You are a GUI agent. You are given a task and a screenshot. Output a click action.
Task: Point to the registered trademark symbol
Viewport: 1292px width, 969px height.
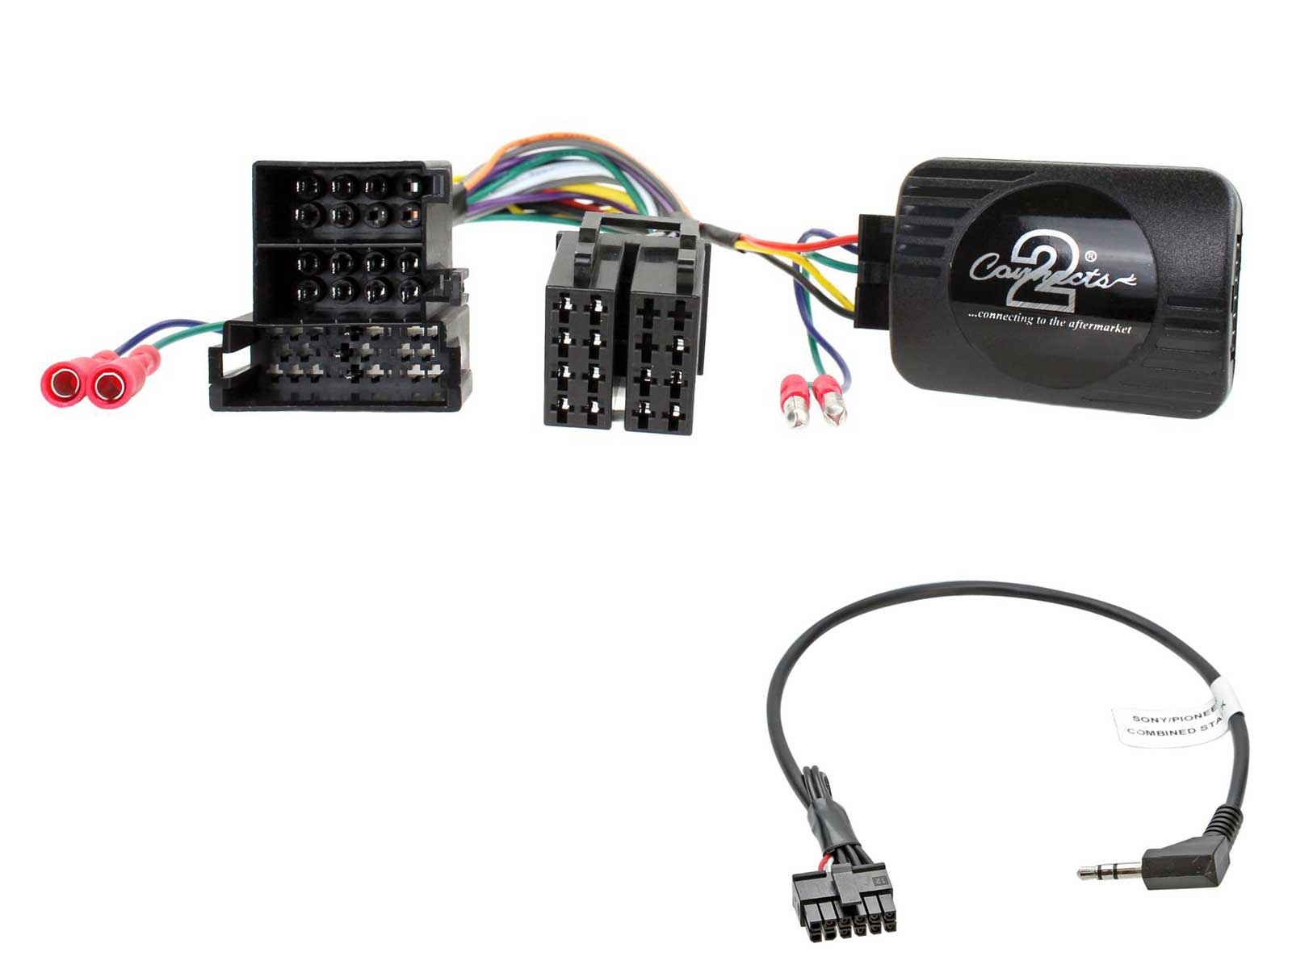click(x=1090, y=257)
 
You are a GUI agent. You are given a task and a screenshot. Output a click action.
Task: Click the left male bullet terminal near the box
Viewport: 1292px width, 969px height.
click(x=795, y=404)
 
